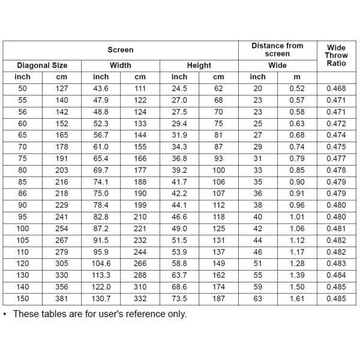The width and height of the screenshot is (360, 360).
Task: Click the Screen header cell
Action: [x=121, y=50]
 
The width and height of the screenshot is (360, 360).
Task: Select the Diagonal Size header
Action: [x=42, y=65]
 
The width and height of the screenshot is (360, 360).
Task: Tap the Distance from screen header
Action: [x=277, y=50]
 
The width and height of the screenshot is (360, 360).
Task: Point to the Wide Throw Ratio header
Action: [x=336, y=55]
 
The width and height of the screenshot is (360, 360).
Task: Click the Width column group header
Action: [x=121, y=65]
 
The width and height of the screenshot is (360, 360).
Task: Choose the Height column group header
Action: [x=199, y=65]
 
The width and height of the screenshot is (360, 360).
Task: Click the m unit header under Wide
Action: [x=296, y=77]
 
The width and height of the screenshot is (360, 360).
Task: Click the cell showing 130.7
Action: [x=101, y=298]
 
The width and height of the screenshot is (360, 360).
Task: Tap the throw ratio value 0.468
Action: [x=336, y=89]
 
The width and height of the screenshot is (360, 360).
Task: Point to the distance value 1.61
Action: [x=296, y=298]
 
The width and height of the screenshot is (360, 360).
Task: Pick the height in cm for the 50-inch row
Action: [x=218, y=89]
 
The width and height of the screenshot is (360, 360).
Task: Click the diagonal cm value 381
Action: [x=62, y=298]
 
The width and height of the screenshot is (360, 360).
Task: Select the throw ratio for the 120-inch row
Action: [x=336, y=263]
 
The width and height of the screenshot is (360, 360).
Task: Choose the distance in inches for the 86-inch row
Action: [x=257, y=194]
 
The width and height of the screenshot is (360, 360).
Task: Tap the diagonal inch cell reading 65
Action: [x=22, y=136]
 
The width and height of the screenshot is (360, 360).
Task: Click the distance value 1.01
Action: [x=296, y=217]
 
